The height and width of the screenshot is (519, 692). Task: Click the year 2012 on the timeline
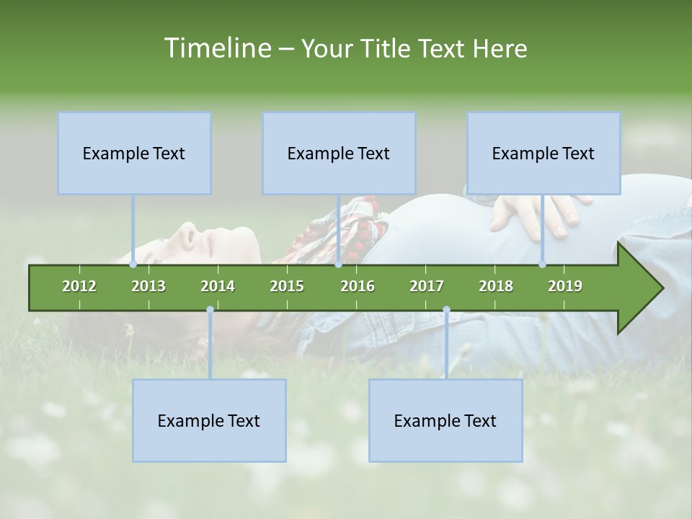click(x=79, y=286)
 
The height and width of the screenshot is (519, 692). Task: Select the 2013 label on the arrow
click(x=148, y=286)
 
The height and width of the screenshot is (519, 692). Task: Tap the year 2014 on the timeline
click(x=218, y=286)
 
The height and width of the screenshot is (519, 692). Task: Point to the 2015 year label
click(x=287, y=286)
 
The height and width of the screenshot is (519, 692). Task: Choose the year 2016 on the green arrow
click(x=358, y=286)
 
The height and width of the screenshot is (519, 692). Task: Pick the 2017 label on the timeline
click(x=427, y=286)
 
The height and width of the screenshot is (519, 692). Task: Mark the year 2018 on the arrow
click(x=496, y=286)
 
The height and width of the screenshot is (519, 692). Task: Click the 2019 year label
click(x=565, y=286)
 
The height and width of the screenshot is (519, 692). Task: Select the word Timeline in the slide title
click(x=216, y=48)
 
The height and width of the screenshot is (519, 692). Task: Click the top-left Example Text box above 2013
click(x=134, y=153)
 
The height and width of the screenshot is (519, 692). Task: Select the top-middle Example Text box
click(x=339, y=153)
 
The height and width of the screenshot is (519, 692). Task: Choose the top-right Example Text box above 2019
click(x=544, y=153)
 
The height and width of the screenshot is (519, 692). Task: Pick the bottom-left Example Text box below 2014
click(x=209, y=420)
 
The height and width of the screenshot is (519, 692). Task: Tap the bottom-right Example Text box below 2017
click(x=445, y=420)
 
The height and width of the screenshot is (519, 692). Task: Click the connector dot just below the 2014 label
click(x=210, y=310)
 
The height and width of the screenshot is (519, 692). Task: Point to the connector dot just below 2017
click(x=446, y=310)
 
